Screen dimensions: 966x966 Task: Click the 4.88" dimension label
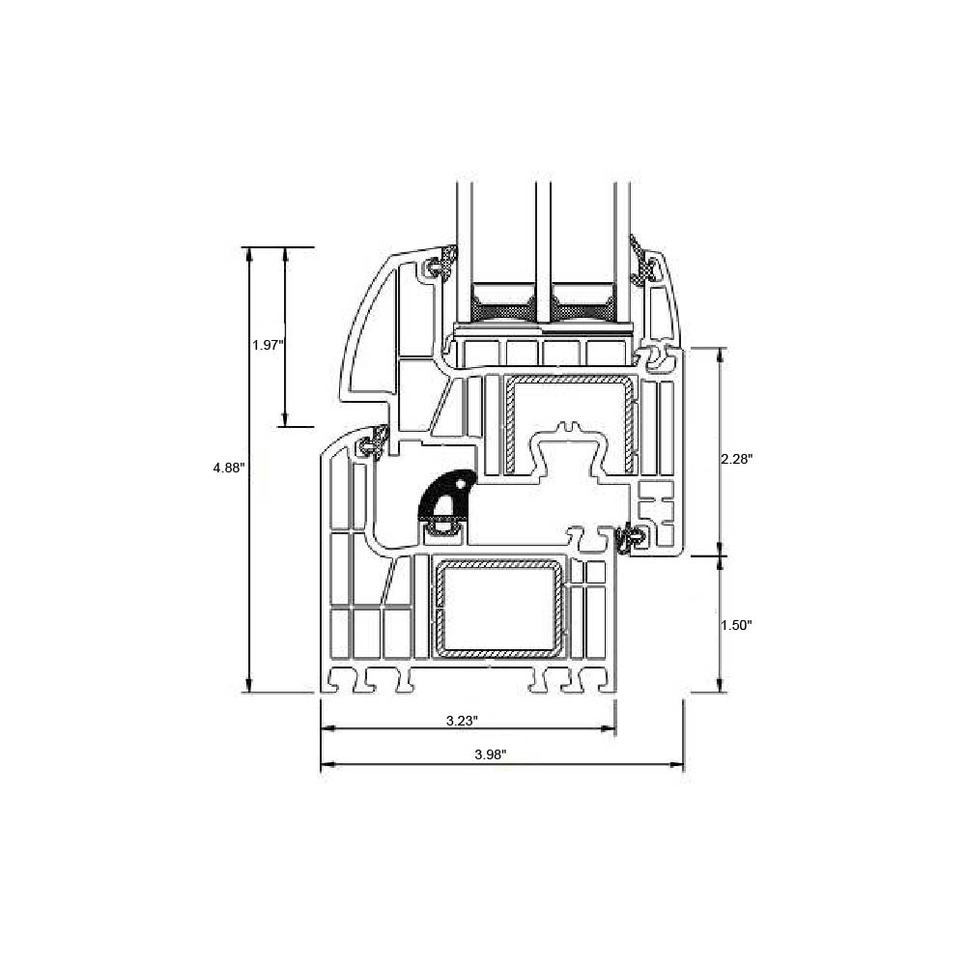click(x=229, y=468)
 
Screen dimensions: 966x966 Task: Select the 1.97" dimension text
click(x=268, y=345)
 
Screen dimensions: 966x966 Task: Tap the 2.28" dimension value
click(x=737, y=459)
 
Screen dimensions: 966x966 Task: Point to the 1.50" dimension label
click(x=737, y=625)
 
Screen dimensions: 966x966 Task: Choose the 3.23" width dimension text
click(x=462, y=721)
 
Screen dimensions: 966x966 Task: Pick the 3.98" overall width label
click(x=491, y=754)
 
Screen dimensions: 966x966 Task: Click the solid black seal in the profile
click(x=446, y=496)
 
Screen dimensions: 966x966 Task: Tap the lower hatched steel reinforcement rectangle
click(x=499, y=608)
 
